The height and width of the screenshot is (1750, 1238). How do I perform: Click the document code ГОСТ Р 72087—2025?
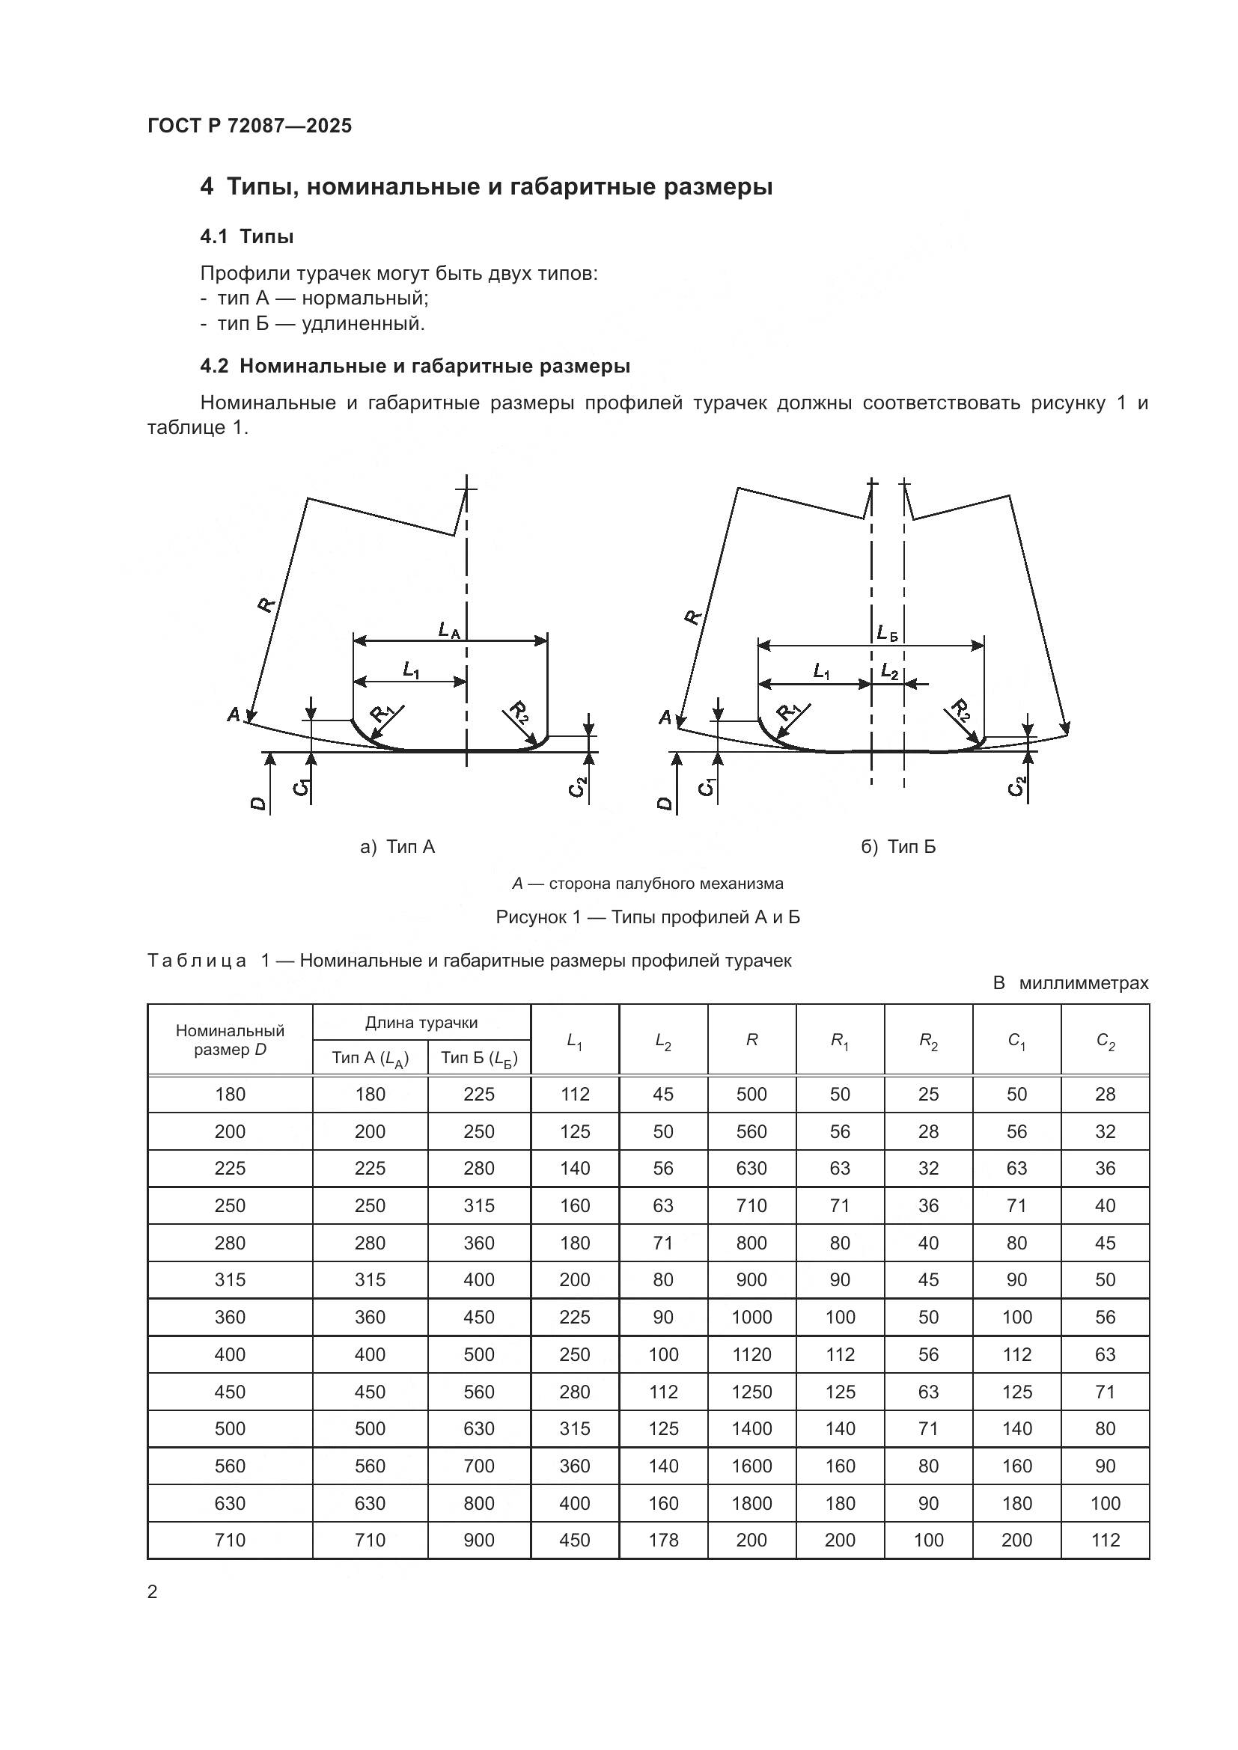point(249,126)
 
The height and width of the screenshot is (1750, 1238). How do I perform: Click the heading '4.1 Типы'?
point(247,236)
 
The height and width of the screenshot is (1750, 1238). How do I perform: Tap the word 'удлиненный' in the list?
point(362,324)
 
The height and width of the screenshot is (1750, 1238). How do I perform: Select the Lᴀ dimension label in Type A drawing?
point(449,629)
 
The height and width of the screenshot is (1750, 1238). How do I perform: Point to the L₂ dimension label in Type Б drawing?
point(889,670)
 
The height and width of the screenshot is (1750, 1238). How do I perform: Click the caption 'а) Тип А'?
point(397,847)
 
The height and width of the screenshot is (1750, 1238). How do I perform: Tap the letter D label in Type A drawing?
point(258,803)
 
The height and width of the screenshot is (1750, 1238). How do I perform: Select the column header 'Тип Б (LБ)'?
point(479,1059)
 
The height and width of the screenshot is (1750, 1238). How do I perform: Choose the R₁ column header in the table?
point(839,1041)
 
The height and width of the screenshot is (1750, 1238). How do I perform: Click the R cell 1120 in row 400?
point(751,1354)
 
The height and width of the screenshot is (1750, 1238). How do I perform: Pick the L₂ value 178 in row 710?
point(662,1540)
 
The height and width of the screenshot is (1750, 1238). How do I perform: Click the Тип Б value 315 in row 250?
point(479,1206)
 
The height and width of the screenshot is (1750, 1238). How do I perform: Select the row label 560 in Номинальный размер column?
point(230,1466)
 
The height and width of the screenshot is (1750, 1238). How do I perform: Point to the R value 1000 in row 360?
point(751,1317)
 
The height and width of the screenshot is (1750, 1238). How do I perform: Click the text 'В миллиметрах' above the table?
point(1070,983)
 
